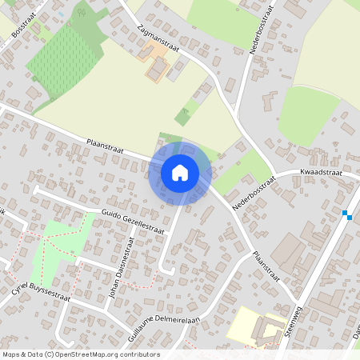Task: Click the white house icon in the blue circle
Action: coord(180,172)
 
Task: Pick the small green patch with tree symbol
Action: coord(79,12)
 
